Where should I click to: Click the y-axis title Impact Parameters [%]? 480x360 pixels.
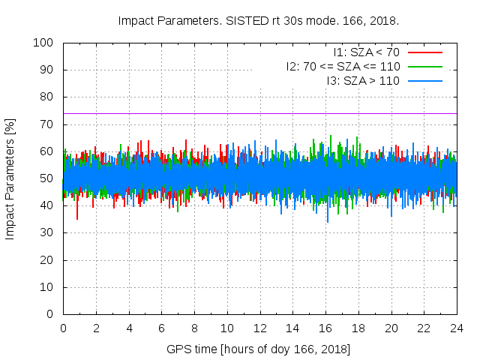point(10,178)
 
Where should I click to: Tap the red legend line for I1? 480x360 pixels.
point(425,52)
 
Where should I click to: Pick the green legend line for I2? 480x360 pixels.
point(425,66)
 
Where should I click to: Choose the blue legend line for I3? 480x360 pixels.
point(425,80)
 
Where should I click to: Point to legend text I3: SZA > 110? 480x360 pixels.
point(363,80)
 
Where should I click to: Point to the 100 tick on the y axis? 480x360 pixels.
point(43,43)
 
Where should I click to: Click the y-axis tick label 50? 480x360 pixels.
point(46,178)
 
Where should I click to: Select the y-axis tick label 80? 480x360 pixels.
point(46,97)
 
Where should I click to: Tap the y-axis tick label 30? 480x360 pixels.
point(46,232)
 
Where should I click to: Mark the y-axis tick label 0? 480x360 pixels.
point(49,314)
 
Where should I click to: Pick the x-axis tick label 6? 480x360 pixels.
point(161,328)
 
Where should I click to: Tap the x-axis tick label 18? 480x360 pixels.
point(358,328)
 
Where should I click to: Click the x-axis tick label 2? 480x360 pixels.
point(96,328)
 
